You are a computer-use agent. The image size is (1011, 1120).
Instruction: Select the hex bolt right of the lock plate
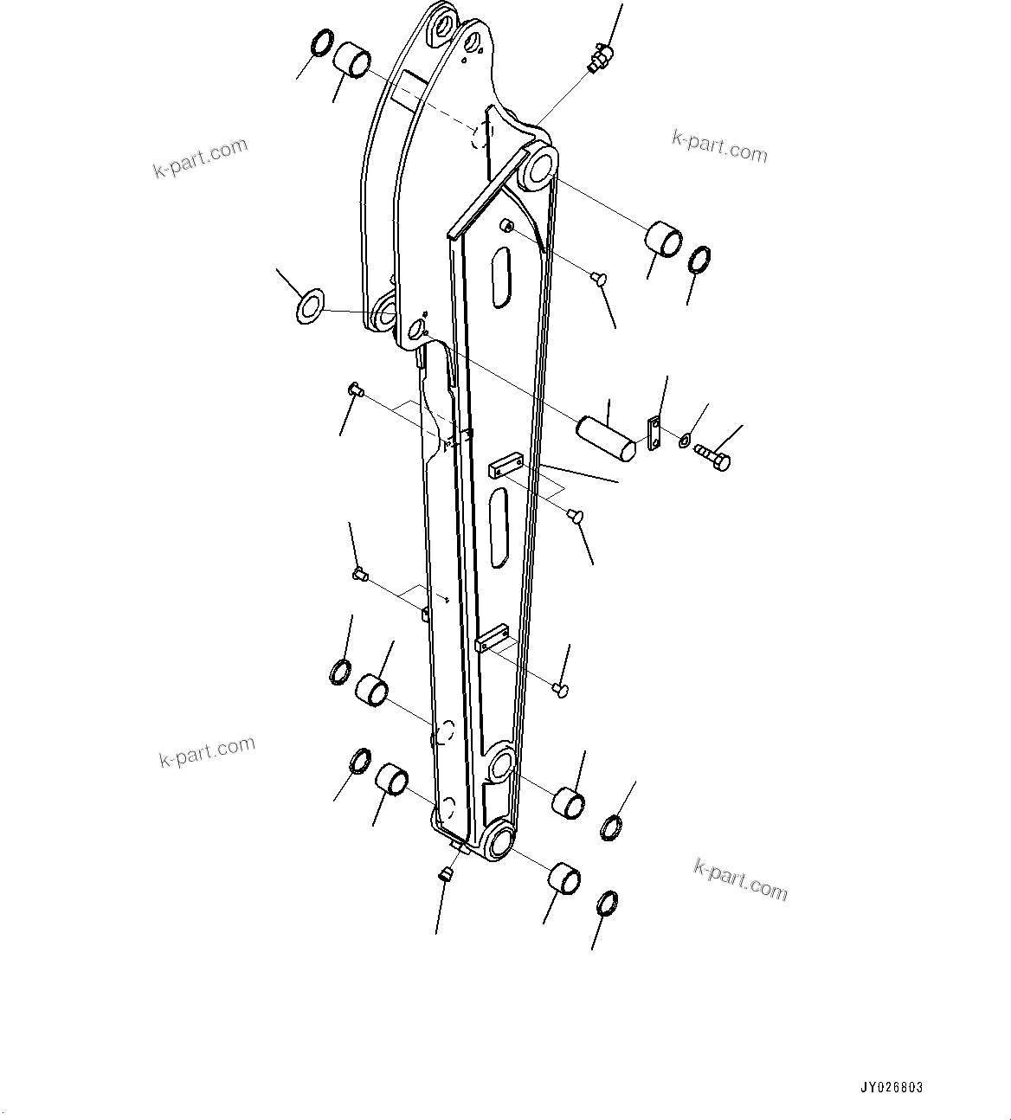[x=714, y=458]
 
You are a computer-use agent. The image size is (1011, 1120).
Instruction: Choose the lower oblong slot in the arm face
[x=499, y=527]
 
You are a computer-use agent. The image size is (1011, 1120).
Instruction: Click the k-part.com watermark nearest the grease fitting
[x=719, y=146]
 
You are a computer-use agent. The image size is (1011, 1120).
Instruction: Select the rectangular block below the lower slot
[x=492, y=639]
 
